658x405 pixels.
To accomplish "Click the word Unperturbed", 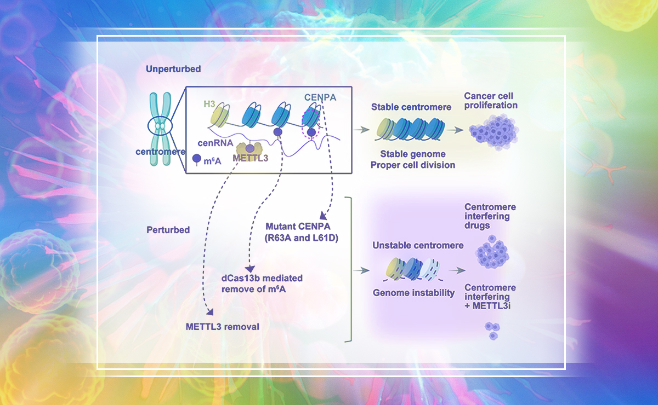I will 173,70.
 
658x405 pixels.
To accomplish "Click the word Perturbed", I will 168,230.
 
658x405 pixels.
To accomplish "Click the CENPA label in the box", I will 321,98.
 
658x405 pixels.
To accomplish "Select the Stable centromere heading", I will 411,107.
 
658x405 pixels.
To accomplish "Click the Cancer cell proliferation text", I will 491,101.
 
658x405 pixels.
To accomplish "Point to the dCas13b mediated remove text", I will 262,278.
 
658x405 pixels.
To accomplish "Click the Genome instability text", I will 413,293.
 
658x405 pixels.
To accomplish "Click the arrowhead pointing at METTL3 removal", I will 209,313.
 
